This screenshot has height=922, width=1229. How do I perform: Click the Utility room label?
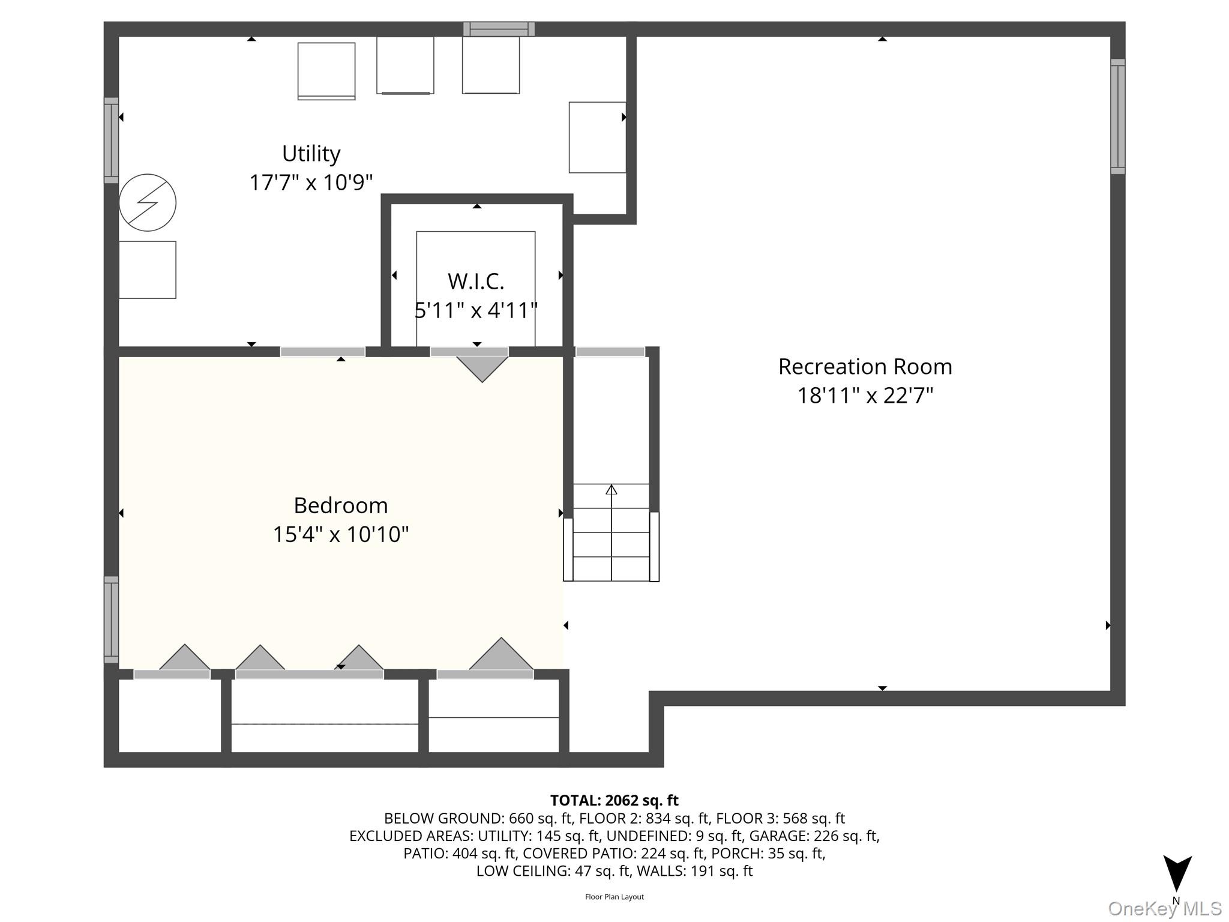click(x=311, y=154)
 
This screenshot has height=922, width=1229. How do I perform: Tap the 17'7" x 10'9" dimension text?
click(x=311, y=182)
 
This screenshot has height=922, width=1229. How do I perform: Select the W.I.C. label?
click(x=476, y=281)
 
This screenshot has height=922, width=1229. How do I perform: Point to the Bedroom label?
click(x=340, y=505)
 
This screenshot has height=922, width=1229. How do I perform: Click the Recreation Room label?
click(x=865, y=367)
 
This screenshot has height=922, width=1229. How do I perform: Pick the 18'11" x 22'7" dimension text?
click(x=865, y=396)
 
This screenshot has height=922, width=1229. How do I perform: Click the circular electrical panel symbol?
click(x=148, y=203)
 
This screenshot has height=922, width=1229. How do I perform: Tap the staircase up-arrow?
click(x=611, y=489)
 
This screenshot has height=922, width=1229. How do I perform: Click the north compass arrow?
click(x=1177, y=873)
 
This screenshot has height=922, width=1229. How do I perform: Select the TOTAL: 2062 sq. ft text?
click(x=614, y=801)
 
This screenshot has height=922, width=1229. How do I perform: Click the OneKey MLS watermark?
click(x=1164, y=909)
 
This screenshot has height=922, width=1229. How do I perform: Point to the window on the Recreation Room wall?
click(x=1117, y=116)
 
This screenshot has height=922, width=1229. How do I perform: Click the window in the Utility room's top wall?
click(x=499, y=29)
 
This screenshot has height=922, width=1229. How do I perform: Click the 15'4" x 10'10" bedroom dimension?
click(x=340, y=534)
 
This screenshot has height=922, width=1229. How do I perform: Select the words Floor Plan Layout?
click(x=614, y=897)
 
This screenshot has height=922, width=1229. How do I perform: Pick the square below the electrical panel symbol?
click(x=148, y=270)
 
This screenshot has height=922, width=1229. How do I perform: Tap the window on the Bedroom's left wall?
click(x=112, y=619)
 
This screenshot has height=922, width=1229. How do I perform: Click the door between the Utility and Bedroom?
click(x=323, y=352)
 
